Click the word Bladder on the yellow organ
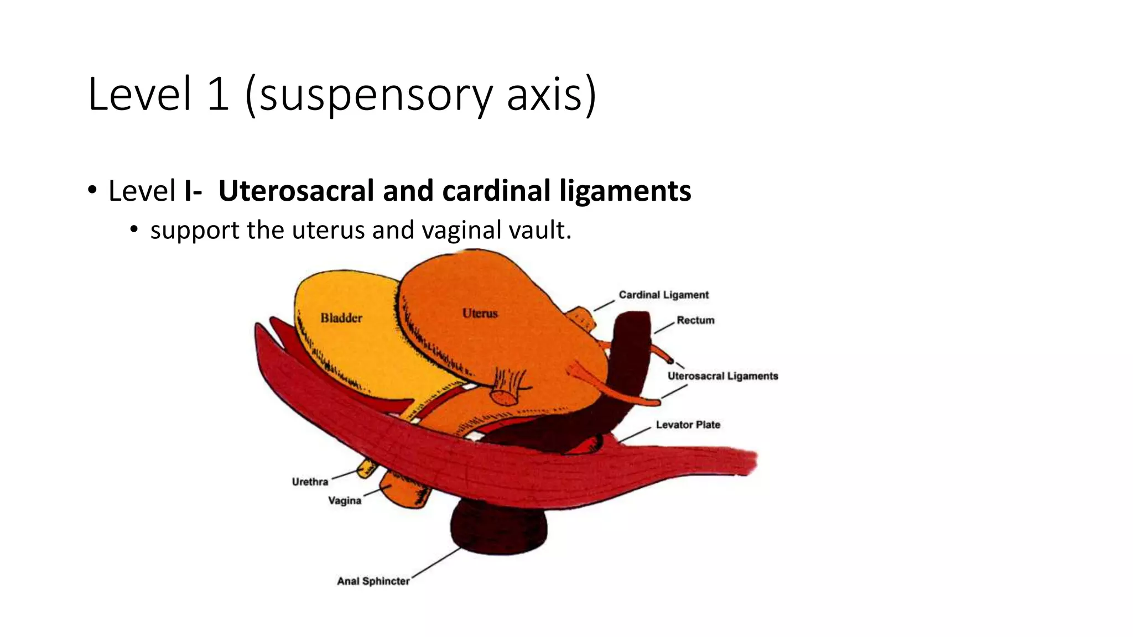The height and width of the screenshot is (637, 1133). point(341,318)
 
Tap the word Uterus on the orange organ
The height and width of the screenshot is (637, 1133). point(480,314)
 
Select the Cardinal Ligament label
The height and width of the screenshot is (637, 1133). point(663,295)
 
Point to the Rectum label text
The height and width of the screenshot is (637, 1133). point(695,320)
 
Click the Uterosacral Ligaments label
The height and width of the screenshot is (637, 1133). point(723,376)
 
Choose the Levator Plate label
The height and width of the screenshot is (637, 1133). point(688,425)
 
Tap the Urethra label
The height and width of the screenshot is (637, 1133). point(310,482)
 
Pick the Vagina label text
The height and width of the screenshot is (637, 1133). point(344,500)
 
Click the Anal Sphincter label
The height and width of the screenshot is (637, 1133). point(373,581)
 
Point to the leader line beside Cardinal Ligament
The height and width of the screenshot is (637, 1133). point(604,305)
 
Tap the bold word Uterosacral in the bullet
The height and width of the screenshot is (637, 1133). point(296,191)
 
